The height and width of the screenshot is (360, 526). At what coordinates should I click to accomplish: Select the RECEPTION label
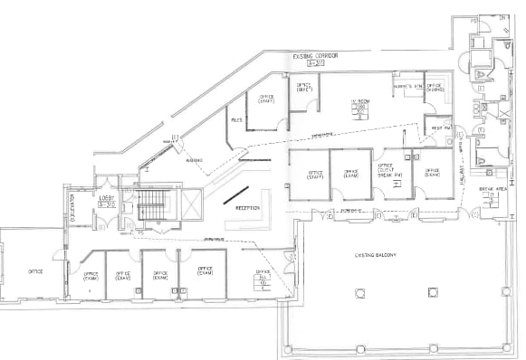coord(248,207)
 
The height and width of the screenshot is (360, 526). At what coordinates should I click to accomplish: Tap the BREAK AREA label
coord(493,192)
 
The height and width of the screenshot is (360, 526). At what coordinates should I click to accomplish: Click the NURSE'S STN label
coord(405,86)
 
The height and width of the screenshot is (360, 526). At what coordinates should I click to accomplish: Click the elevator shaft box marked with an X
coord(194,204)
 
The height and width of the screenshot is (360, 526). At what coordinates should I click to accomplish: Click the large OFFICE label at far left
coord(36,270)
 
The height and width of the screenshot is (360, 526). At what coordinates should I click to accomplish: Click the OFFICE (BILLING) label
coord(439,88)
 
